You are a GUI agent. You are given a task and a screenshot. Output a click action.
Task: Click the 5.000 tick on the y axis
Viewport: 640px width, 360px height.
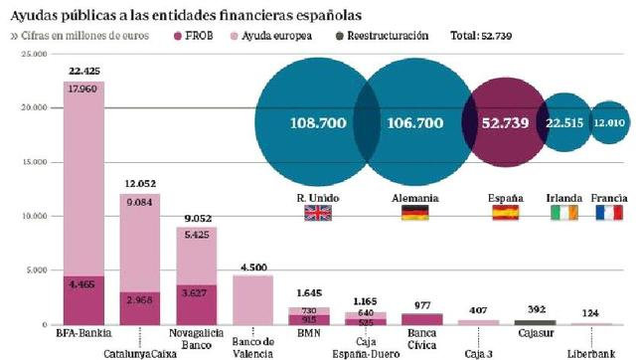pos(36,270)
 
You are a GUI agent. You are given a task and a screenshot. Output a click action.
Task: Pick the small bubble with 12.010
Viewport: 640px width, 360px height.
pos(608,124)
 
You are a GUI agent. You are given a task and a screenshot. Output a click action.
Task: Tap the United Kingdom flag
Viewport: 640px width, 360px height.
pos(318,213)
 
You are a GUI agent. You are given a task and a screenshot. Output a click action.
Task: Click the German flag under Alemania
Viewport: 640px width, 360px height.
pos(414,213)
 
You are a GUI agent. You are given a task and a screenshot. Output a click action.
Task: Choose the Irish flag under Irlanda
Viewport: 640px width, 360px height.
pos(563,213)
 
